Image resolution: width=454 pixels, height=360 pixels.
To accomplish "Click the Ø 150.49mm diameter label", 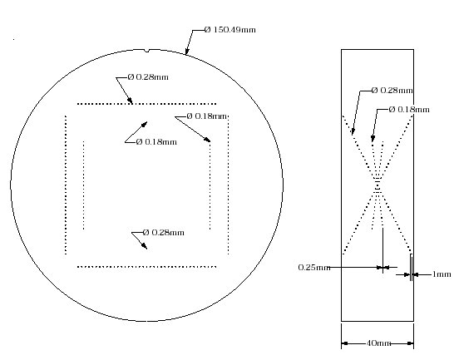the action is [x=230, y=30].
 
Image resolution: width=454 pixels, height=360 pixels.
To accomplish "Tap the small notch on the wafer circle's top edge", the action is [x=147, y=51].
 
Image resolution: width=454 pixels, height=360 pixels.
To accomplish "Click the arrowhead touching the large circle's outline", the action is [x=187, y=51].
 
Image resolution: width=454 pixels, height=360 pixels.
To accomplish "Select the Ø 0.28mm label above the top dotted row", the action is [x=148, y=77].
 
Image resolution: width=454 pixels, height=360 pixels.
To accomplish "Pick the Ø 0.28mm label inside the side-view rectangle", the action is [x=392, y=91].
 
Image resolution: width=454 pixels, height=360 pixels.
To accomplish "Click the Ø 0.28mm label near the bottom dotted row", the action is [x=164, y=233].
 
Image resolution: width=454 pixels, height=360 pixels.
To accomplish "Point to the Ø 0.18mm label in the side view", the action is [x=409, y=110].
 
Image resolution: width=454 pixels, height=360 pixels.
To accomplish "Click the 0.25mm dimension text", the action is [x=314, y=268].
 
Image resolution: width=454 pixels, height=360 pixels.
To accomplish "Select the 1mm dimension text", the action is [x=442, y=274].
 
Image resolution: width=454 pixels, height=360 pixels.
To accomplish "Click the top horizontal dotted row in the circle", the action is [x=147, y=104].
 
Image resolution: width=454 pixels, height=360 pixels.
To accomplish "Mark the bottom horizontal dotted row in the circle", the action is [x=147, y=267].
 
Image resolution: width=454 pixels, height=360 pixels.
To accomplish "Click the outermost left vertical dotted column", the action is [x=66, y=185].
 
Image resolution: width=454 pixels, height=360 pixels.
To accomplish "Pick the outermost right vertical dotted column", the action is [x=229, y=185].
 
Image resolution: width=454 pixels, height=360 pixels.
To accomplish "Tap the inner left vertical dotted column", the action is [x=84, y=185].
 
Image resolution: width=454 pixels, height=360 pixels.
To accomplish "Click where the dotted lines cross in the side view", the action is [x=378, y=185].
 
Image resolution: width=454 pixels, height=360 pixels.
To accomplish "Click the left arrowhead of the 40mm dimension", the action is [x=345, y=343].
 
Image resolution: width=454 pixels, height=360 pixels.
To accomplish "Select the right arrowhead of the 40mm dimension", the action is [x=410, y=343].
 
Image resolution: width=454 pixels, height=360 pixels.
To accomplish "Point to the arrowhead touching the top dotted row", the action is [x=130, y=100].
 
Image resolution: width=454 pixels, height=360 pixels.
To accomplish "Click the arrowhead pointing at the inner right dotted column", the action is [x=207, y=140].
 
